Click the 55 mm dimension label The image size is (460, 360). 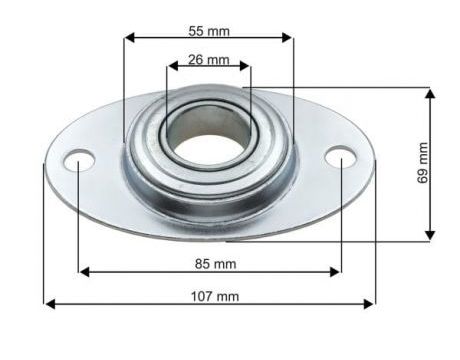209,31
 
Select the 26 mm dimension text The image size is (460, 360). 209,60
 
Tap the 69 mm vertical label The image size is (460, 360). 423,162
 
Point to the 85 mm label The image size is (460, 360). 215,264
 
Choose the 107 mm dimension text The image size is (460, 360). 215,296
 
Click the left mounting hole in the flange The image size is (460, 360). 79,159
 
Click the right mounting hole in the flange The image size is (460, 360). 341,157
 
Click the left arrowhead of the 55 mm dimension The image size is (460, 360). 129,38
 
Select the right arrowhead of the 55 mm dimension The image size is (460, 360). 287,38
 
